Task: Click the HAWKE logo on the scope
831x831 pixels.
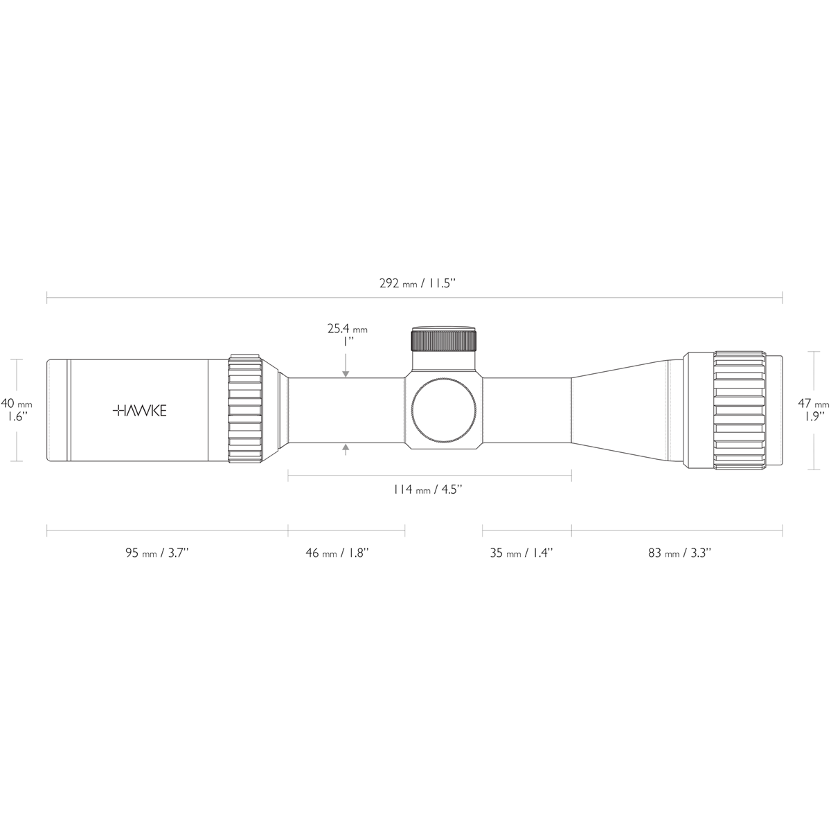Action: click(x=139, y=411)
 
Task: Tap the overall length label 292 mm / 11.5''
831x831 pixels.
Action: click(x=417, y=283)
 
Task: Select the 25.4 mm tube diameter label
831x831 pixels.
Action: click(x=347, y=329)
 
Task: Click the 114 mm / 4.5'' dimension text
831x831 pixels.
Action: click(x=427, y=490)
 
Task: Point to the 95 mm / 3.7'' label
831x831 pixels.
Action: click(x=157, y=553)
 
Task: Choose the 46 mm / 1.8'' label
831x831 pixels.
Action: click(x=337, y=553)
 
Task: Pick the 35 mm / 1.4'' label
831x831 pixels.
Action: click(x=521, y=553)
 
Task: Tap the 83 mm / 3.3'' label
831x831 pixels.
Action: click(x=679, y=553)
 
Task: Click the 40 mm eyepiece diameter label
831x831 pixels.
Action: click(x=17, y=404)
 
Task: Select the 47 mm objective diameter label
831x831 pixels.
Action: click(x=813, y=404)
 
